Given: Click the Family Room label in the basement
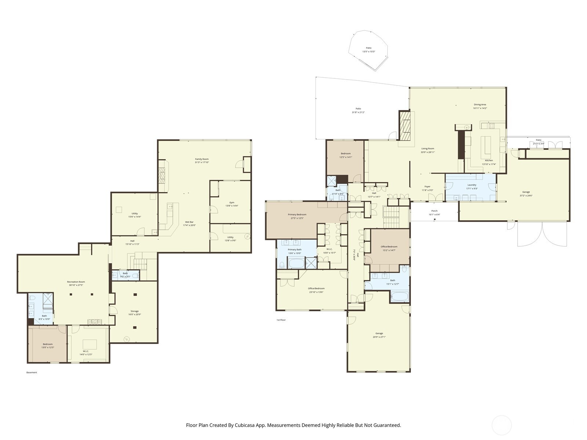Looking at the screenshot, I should coord(202,159).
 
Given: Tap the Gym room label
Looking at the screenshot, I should coord(231,202).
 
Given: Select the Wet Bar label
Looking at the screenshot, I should coord(189,222).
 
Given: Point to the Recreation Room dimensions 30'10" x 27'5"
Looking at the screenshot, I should coord(76,285).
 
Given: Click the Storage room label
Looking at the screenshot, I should coord(135,311).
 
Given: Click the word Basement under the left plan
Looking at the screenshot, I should coord(32,373).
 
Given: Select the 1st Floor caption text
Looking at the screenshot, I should coord(281,320).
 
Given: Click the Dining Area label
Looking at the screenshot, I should coord(480,104).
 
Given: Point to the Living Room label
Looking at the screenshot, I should coord(428,148).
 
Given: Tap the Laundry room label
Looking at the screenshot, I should coord(472,185).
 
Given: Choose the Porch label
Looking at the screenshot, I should coord(434,211).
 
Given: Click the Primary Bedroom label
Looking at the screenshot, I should coord(297,214).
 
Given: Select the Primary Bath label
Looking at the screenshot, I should coord(295,249).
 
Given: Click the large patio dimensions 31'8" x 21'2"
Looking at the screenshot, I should coord(358,113).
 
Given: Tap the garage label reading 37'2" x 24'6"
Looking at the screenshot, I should coord(526,196).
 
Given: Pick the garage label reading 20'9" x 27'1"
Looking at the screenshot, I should coord(379,337).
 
